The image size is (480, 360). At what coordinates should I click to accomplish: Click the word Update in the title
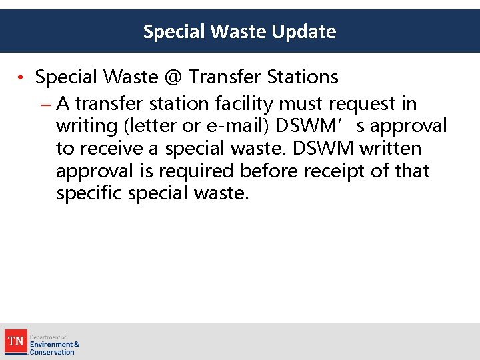(305, 31)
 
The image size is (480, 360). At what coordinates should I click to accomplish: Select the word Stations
(303, 77)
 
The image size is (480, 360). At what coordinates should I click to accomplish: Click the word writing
(85, 126)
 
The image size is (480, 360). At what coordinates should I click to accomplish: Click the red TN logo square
(15, 342)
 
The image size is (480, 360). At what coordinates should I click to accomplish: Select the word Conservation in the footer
(52, 352)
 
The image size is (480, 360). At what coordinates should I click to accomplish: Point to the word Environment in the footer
(51, 345)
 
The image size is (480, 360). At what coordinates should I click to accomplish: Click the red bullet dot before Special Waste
(22, 78)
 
